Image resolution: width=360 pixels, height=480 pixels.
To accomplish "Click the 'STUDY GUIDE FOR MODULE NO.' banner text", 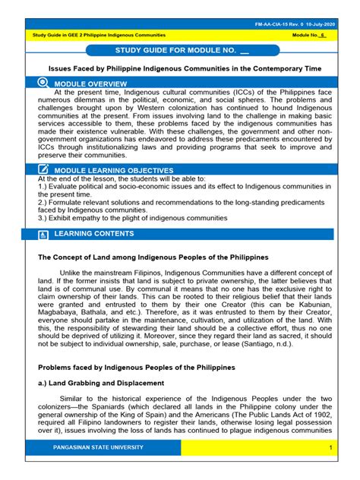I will [x=172, y=52].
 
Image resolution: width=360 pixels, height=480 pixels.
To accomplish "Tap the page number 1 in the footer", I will [x=331, y=469].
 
